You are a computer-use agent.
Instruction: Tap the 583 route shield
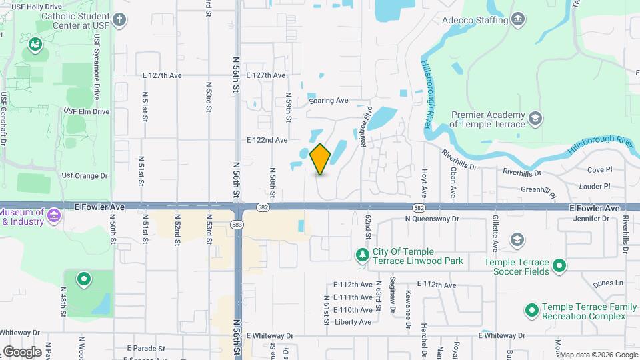[238, 225]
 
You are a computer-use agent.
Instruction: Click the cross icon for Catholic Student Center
[119, 19]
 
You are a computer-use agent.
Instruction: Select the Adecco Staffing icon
[517, 19]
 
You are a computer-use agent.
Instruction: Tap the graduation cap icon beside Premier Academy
[535, 119]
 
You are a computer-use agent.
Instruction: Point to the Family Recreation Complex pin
[532, 310]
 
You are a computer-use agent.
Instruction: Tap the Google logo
[22, 351]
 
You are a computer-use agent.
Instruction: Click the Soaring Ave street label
[329, 101]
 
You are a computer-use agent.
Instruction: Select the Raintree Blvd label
[367, 121]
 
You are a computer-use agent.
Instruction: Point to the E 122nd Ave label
[267, 140]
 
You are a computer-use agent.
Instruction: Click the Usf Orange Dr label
[85, 176]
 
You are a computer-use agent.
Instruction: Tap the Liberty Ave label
[353, 323]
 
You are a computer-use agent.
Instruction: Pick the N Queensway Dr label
[432, 218]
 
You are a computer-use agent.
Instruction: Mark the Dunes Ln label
[610, 283]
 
